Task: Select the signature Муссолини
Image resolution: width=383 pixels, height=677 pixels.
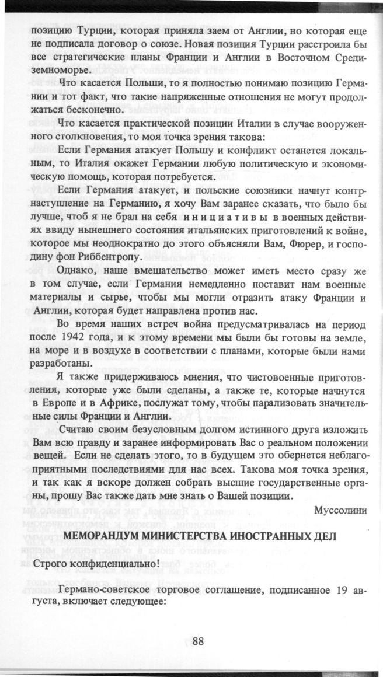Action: (x=340, y=511)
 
